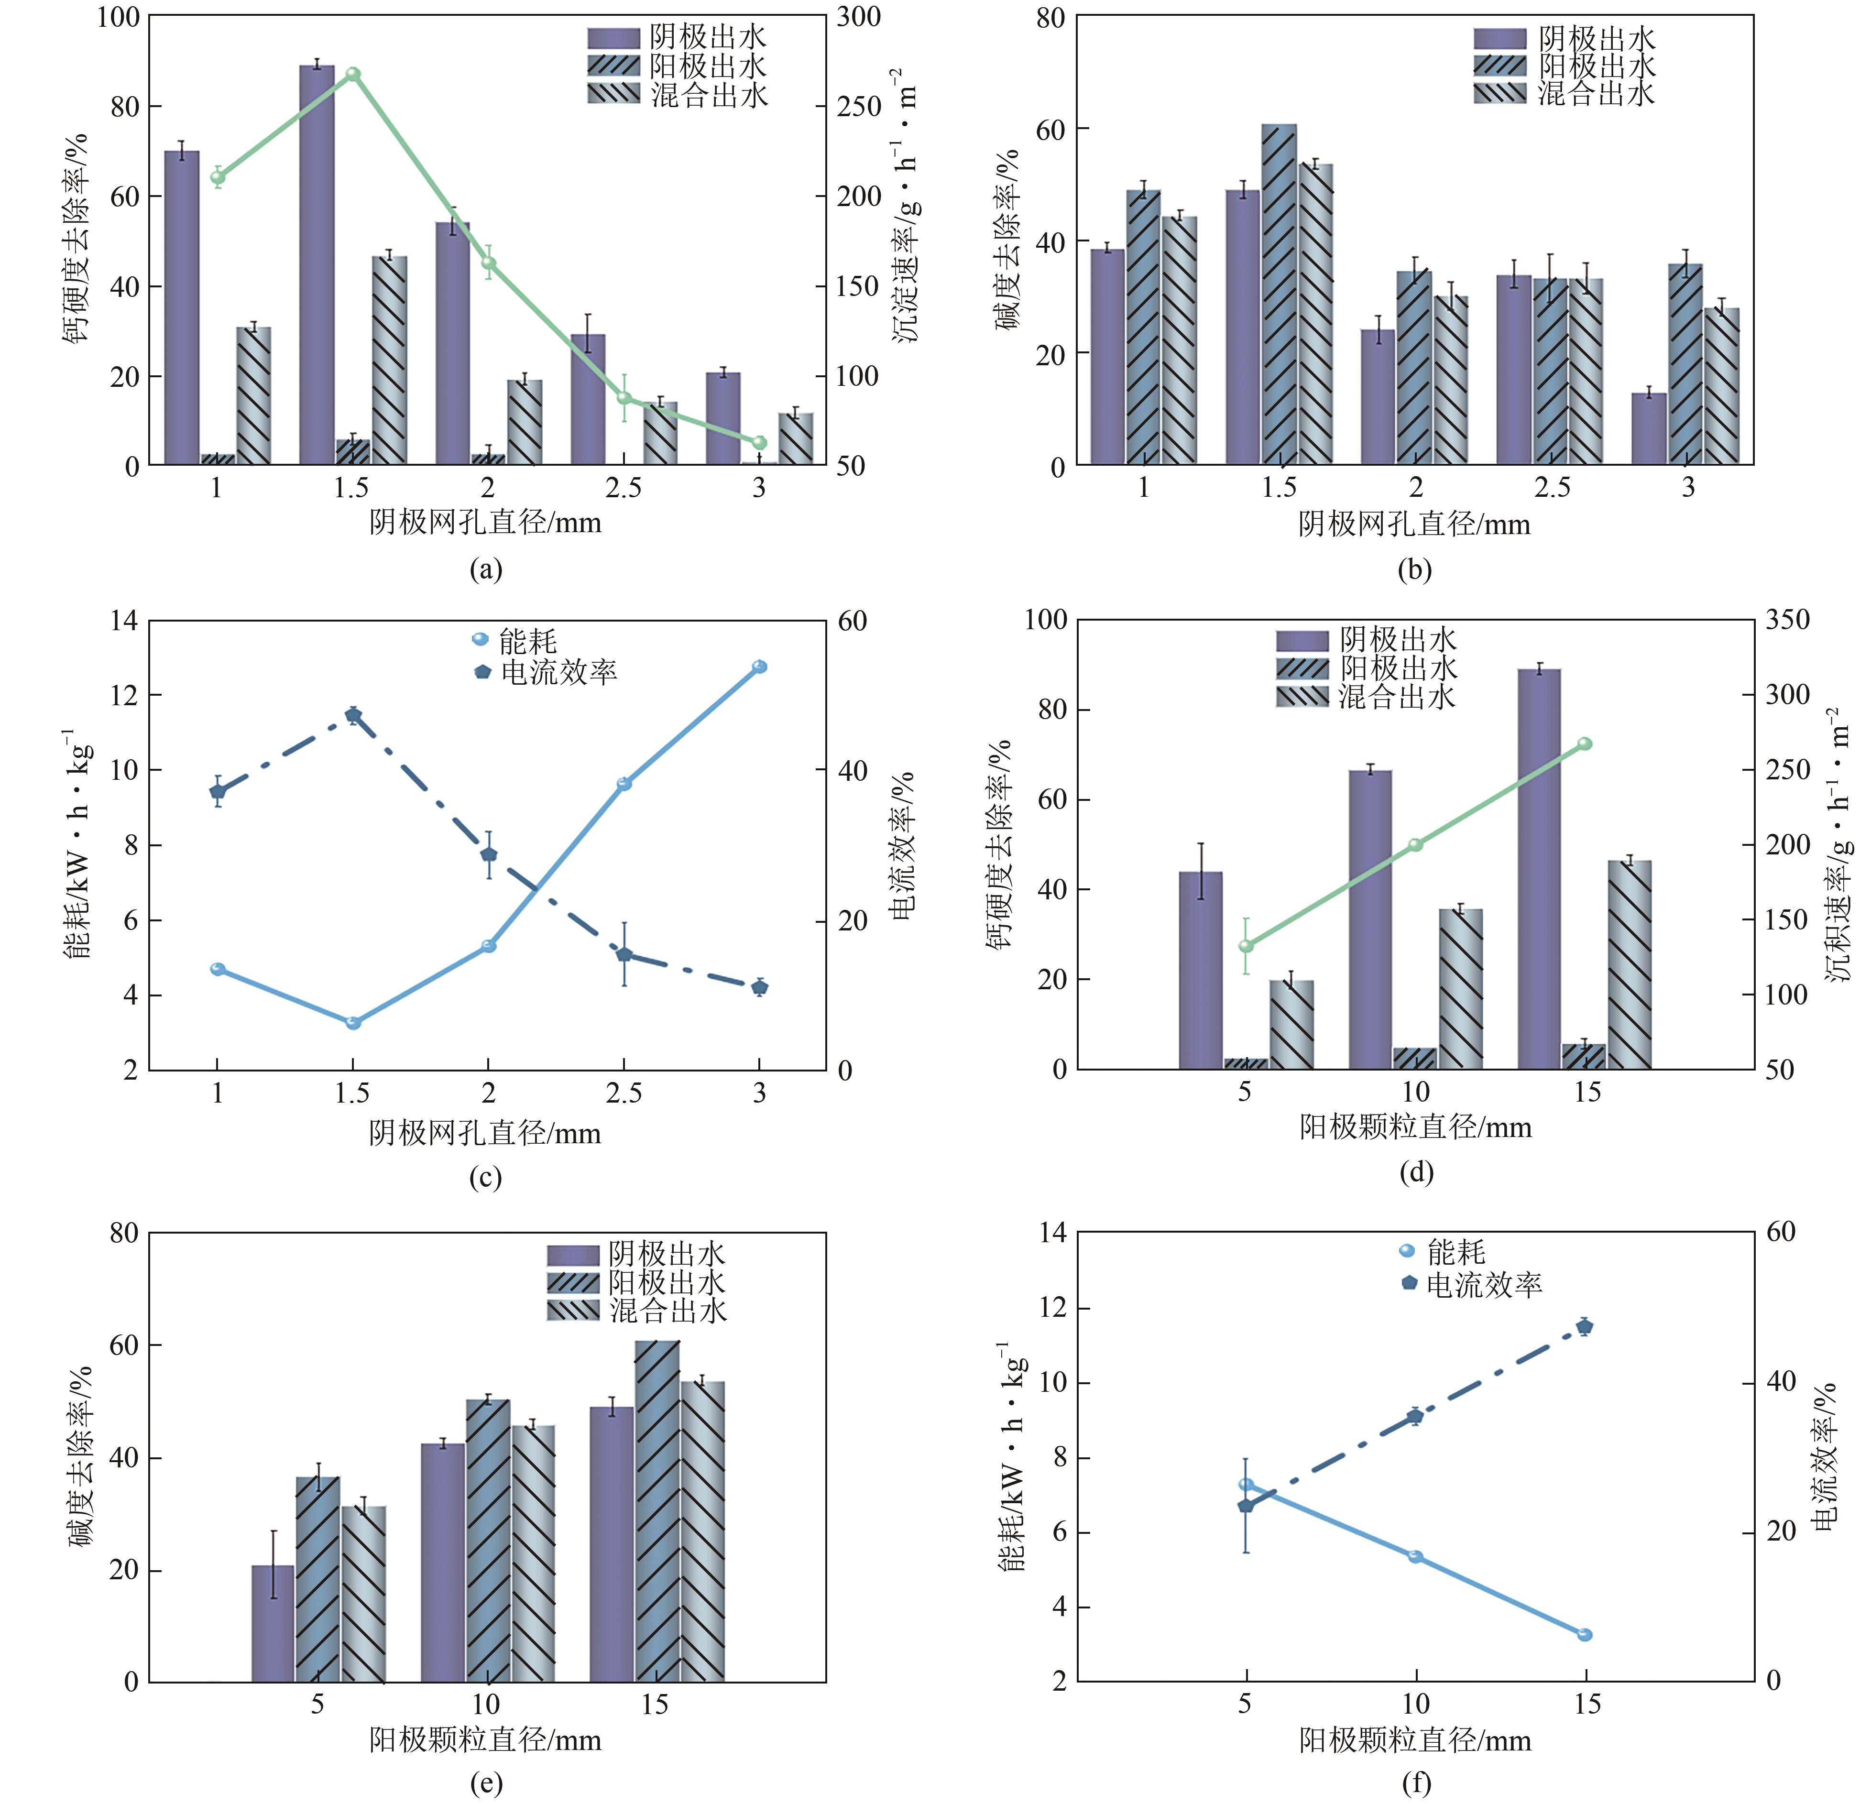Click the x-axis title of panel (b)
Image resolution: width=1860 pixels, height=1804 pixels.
(x=1414, y=524)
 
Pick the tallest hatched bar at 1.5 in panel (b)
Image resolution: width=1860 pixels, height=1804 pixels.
(x=1279, y=294)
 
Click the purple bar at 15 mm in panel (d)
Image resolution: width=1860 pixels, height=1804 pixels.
(x=1539, y=868)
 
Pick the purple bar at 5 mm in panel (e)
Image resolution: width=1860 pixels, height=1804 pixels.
(x=273, y=1623)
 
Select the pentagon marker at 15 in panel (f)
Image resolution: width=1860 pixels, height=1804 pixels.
(x=1584, y=1327)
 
